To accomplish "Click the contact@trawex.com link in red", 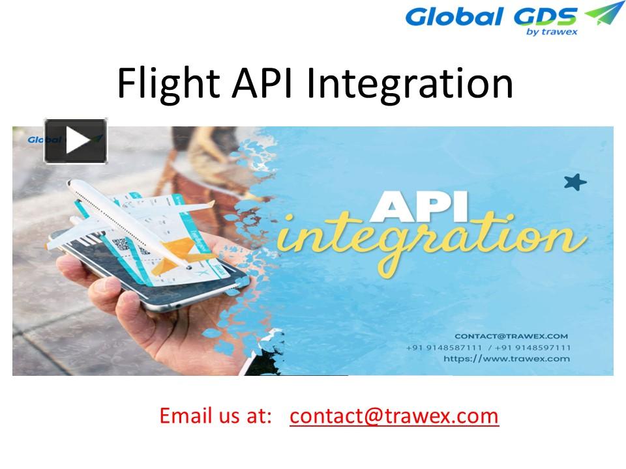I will [x=394, y=416].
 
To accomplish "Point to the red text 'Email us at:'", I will [x=215, y=416].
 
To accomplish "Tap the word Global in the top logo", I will [x=455, y=16].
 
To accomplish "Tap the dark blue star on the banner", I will [x=574, y=182].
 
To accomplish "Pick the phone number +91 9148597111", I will [x=534, y=348].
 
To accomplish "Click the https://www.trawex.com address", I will [x=506, y=359].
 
